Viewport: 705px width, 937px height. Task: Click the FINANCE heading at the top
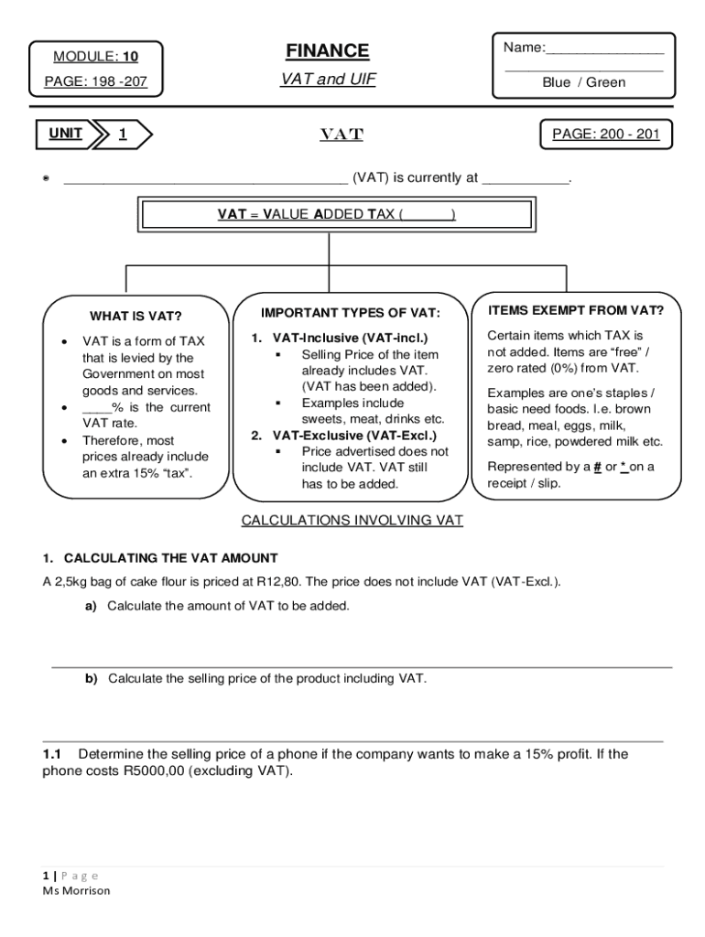click(x=327, y=51)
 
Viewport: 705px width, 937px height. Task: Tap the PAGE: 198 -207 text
click(x=95, y=83)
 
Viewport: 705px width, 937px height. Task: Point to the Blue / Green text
click(x=583, y=82)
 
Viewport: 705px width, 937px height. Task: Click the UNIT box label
click(x=65, y=135)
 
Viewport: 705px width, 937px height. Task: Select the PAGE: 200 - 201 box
click(x=606, y=135)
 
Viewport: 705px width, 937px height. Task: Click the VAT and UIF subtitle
click(x=327, y=80)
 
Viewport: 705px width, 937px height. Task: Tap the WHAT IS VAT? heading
click(x=136, y=317)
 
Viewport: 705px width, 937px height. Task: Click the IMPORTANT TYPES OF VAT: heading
click(x=351, y=313)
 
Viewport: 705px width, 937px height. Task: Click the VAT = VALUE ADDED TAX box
click(x=336, y=214)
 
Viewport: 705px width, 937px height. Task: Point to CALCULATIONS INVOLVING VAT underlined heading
click(x=352, y=521)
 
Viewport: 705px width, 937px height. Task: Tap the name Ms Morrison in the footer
click(x=76, y=890)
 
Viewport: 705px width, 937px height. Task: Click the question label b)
click(x=92, y=678)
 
